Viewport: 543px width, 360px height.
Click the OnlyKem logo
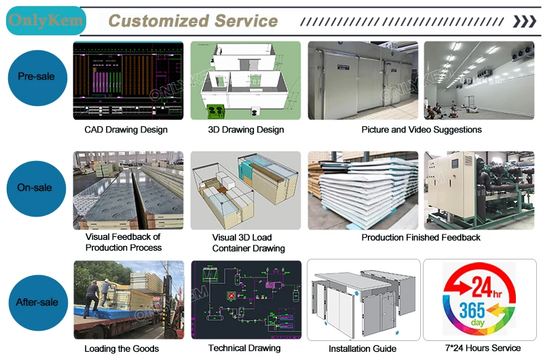[45, 22]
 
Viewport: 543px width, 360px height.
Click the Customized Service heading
[193, 21]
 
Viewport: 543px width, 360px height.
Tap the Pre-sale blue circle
[36, 77]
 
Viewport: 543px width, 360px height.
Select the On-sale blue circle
[36, 188]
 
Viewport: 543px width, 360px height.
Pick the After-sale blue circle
[36, 302]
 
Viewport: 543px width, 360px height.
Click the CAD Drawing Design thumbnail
[128, 81]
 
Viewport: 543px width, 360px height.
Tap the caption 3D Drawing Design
[246, 130]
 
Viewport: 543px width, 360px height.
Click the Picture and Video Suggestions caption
[421, 130]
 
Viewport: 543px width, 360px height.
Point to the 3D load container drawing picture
[245, 190]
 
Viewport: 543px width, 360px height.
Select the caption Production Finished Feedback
[421, 238]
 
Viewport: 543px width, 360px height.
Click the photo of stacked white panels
[363, 191]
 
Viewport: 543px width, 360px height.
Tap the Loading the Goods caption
[121, 349]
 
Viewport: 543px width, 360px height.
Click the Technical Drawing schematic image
[245, 300]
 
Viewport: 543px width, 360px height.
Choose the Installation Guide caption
[362, 349]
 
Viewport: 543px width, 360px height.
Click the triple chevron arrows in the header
[523, 22]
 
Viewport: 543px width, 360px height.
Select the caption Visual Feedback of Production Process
[124, 242]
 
